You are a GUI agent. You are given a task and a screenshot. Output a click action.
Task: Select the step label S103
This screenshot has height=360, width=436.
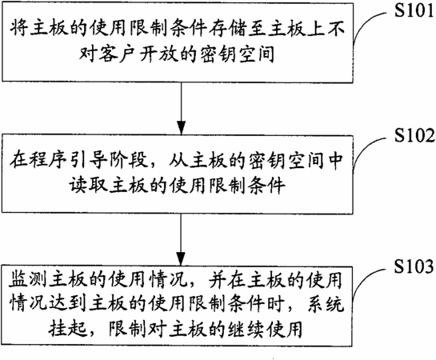414,266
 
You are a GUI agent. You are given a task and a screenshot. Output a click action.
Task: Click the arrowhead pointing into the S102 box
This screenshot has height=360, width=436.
182,128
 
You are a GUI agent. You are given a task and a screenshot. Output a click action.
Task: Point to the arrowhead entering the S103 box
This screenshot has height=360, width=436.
182,259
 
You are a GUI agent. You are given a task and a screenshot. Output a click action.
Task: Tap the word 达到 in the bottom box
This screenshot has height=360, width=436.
67,303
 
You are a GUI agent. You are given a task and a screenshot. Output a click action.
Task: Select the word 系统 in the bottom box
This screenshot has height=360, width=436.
326,303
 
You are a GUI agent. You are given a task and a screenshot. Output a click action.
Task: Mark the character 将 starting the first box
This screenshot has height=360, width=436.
19,28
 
